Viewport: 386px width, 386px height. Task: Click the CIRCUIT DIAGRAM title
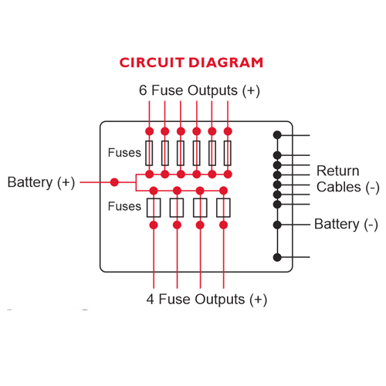(191, 63)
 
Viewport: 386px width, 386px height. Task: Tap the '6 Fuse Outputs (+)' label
(199, 90)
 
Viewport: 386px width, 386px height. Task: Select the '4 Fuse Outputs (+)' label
(207, 300)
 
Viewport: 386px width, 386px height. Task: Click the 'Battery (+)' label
(41, 182)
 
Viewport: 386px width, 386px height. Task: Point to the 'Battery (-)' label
(346, 224)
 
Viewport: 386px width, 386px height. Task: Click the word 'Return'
(337, 171)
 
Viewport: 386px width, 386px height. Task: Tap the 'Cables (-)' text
(348, 187)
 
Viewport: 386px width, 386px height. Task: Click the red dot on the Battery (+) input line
(114, 182)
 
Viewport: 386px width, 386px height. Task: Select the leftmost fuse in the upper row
(149, 153)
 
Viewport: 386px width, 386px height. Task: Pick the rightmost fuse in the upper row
(228, 153)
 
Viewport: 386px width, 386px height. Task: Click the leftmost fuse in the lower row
(154, 208)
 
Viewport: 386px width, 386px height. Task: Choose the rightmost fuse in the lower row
(223, 208)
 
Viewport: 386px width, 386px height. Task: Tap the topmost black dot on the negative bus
(277, 135)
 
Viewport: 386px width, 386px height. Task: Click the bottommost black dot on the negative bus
(277, 257)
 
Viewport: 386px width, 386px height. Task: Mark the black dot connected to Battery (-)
(277, 225)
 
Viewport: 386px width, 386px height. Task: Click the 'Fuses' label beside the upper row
(124, 153)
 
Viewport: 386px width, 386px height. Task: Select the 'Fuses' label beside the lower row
(124, 206)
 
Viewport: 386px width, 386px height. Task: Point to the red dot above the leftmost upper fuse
(149, 131)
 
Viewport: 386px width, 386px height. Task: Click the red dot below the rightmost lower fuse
(223, 225)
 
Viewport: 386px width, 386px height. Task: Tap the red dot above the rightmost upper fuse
(228, 131)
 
